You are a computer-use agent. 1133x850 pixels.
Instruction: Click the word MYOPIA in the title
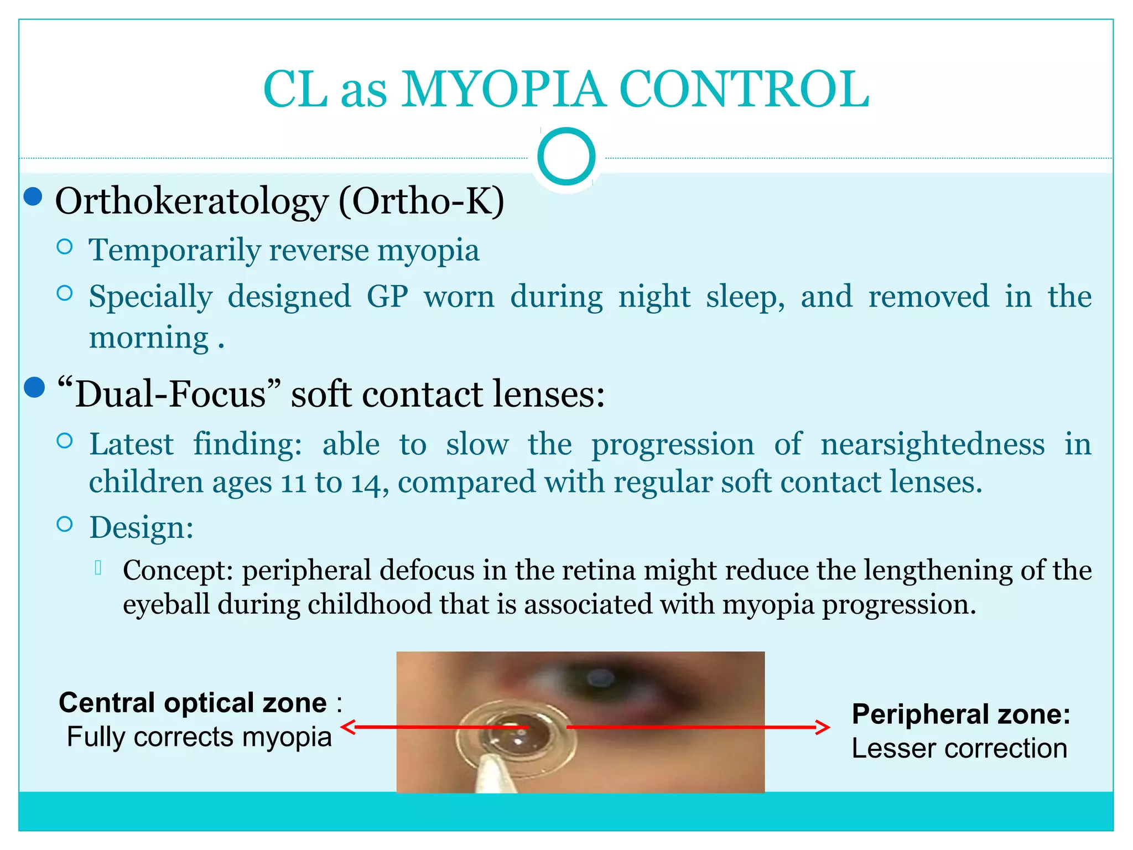pos(503,90)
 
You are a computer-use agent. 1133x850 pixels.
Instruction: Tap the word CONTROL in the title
pos(744,90)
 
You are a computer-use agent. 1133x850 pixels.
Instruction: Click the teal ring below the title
pos(566,156)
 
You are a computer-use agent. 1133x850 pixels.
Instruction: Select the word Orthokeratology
pos(191,201)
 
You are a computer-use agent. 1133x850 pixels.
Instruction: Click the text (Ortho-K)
pos(422,201)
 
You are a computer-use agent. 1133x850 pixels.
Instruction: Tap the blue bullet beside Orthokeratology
pos(34,196)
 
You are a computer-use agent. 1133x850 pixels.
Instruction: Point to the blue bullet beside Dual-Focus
pos(34,387)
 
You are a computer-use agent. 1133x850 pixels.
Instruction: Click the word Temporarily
pos(174,251)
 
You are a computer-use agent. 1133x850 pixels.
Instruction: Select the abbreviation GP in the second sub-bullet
pos(387,297)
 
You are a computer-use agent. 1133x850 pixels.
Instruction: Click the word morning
pos(149,338)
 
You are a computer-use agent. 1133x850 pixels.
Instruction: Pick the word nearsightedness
pos(933,444)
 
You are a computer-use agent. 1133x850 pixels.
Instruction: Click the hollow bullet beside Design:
pos(65,524)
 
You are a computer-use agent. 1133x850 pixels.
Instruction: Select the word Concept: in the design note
pos(178,570)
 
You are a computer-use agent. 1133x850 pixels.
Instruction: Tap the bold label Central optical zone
pos(193,703)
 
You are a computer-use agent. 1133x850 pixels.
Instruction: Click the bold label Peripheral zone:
pos(961,714)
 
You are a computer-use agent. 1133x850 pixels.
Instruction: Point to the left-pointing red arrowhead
pos(349,727)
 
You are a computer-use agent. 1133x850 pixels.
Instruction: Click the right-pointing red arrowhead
pos(823,727)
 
